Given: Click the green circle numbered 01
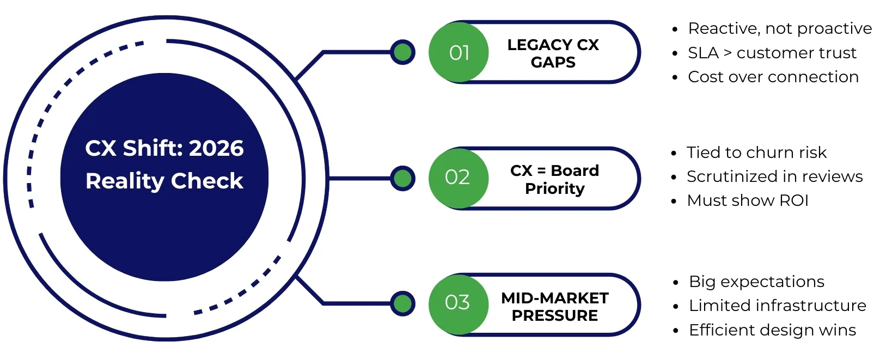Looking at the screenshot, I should coord(459,53).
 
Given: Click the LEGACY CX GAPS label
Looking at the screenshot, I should coord(553,53).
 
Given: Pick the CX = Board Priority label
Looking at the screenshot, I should coord(554,179).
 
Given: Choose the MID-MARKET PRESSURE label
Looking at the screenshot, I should coord(554,307).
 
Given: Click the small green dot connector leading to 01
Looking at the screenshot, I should coord(403,52).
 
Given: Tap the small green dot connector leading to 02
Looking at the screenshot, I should coord(403,178).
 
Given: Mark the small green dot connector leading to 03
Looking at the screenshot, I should coord(403,303).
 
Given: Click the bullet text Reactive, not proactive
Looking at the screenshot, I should coord(779,28).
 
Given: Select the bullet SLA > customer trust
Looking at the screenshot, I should coord(772,53).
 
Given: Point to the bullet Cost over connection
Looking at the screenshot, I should coord(773,77).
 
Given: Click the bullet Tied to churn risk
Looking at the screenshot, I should coord(756,152).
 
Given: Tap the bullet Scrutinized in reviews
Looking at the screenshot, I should coord(774,176).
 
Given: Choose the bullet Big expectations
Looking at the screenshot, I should coord(756,282).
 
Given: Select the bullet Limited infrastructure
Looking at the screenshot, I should coord(777,306).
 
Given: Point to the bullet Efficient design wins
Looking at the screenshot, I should coord(772,330).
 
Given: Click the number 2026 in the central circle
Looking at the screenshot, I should coord(216,148).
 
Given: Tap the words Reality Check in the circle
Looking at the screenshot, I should coord(164,181).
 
